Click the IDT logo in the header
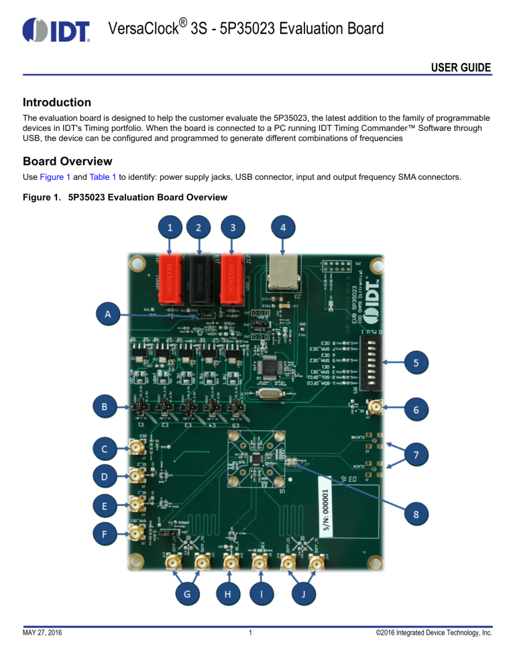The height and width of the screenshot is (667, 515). [56, 30]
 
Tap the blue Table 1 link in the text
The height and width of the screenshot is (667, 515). [105, 179]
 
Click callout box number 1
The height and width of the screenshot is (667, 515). [171, 227]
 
